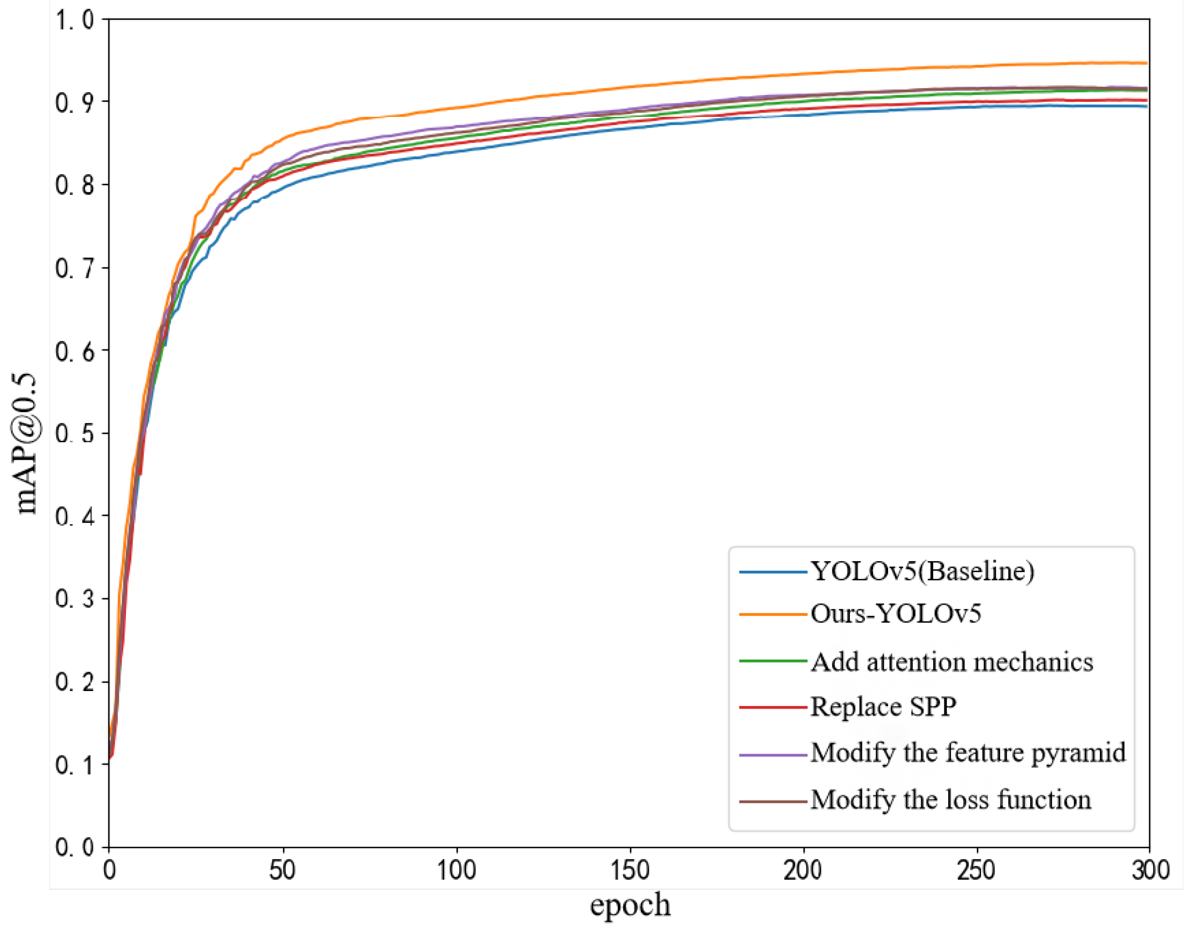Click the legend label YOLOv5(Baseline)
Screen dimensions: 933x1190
923,572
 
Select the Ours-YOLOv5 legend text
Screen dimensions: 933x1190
896,614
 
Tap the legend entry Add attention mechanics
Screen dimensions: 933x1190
952,662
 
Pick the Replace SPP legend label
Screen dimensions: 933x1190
883,707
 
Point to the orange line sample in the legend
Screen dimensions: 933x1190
773,614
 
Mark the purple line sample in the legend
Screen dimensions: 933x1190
773,755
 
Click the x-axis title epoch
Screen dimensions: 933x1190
630,906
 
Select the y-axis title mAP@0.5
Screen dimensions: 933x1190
26,444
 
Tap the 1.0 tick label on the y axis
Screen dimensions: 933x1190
75,20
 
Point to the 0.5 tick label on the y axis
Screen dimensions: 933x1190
75,434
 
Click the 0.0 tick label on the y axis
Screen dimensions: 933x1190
75,848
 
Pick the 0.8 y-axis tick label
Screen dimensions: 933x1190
75,186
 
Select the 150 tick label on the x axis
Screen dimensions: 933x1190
630,871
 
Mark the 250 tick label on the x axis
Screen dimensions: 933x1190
976,871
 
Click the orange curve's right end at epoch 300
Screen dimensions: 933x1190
1146,64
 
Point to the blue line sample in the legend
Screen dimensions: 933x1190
773,573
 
